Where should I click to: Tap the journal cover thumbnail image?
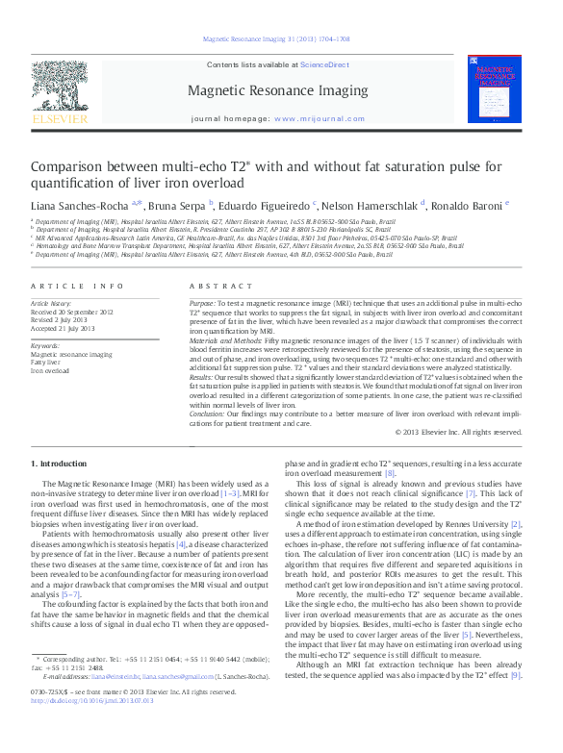(499, 92)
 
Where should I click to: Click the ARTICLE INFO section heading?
(77, 287)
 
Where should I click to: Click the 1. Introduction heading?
(60, 464)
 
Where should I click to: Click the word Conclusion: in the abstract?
(210, 413)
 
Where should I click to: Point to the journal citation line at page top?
(275, 40)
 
